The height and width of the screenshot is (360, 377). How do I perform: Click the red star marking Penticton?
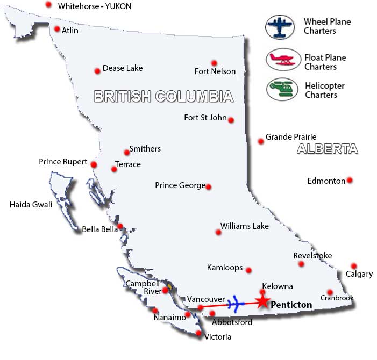point(262,301)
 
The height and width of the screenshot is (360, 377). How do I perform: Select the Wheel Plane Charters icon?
point(281,27)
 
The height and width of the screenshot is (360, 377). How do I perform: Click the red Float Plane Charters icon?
point(282,61)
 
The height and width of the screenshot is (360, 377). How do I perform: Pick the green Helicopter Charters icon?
point(282,89)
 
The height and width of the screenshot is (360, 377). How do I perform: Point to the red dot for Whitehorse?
point(49,5)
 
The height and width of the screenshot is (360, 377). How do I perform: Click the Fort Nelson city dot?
point(214,63)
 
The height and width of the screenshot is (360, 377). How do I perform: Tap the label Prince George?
point(180,185)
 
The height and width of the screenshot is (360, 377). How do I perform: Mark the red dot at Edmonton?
point(350,181)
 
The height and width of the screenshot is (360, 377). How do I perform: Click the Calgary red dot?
point(353,266)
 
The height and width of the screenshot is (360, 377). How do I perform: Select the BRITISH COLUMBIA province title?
point(163,97)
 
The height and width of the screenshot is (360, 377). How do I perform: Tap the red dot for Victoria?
point(199,334)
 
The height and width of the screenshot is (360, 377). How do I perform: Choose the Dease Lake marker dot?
point(97,71)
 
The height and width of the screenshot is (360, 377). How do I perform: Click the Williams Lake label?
point(245,226)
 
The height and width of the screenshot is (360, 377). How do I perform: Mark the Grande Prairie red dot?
point(261,141)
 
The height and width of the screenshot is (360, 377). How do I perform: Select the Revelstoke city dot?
point(302,264)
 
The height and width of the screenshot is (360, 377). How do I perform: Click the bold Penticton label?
point(291,305)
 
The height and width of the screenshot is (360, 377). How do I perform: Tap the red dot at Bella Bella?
point(120,226)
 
